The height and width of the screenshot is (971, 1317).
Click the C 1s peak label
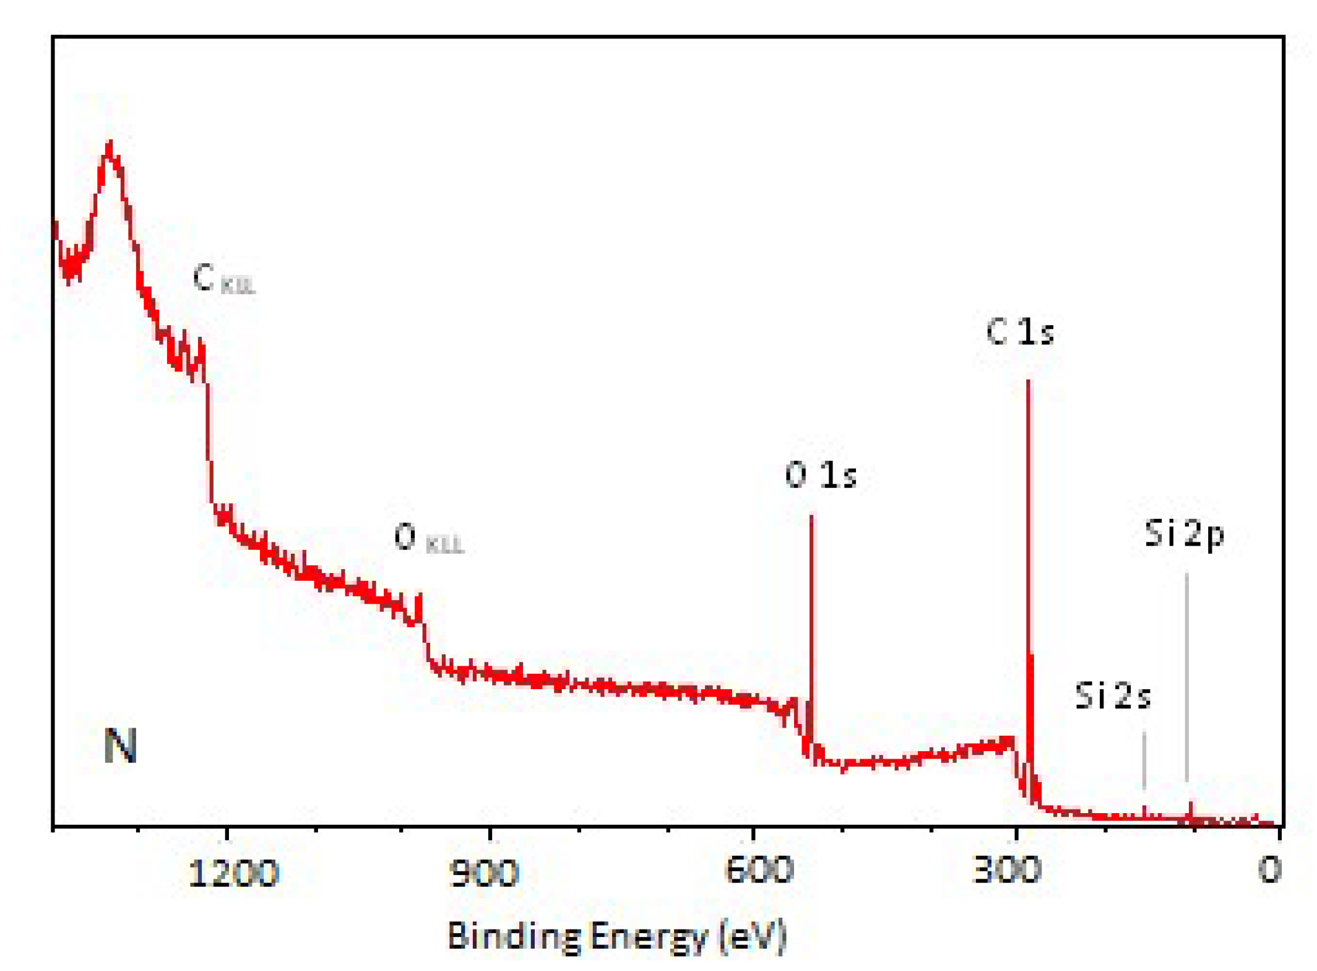tap(1019, 333)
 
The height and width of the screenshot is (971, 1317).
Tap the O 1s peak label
tap(820, 476)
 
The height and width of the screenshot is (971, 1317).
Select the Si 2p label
tap(1183, 534)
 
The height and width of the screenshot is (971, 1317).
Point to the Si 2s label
tap(1113, 695)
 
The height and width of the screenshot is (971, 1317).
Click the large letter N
tap(120, 746)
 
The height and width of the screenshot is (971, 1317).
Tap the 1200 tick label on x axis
tap(233, 873)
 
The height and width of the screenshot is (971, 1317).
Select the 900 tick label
tap(484, 873)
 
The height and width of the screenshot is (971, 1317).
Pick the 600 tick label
tap(759, 871)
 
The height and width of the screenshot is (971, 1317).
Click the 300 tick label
tap(1007, 871)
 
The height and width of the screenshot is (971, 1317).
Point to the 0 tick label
tap(1270, 871)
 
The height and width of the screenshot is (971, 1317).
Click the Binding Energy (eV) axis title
tap(616, 936)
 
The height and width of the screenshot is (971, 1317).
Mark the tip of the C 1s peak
tap(1028, 381)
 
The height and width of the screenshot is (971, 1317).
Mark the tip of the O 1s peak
tap(811, 516)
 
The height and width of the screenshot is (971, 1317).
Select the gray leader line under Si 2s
tap(1144, 762)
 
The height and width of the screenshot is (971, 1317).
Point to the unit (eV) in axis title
tap(753, 936)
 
